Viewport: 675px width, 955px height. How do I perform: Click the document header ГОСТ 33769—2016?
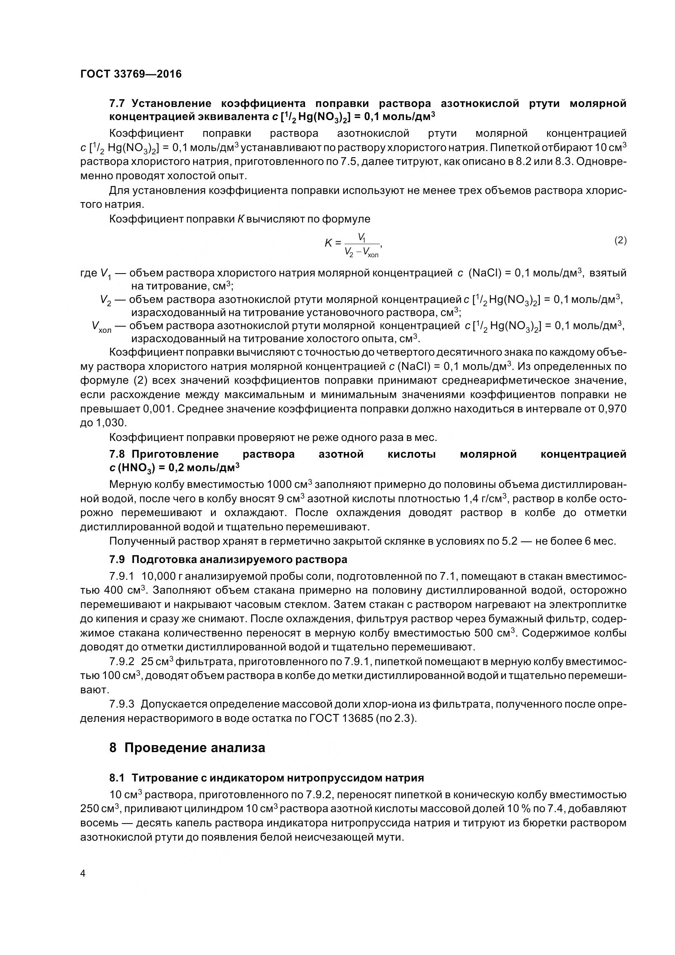pyautogui.click(x=131, y=74)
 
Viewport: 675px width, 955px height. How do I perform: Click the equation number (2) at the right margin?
pyautogui.click(x=620, y=240)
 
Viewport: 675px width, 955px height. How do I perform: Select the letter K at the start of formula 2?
pyautogui.click(x=328, y=243)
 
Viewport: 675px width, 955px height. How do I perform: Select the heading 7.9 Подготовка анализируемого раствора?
pyautogui.click(x=228, y=559)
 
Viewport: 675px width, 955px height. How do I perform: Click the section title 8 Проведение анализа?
pyautogui.click(x=187, y=748)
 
